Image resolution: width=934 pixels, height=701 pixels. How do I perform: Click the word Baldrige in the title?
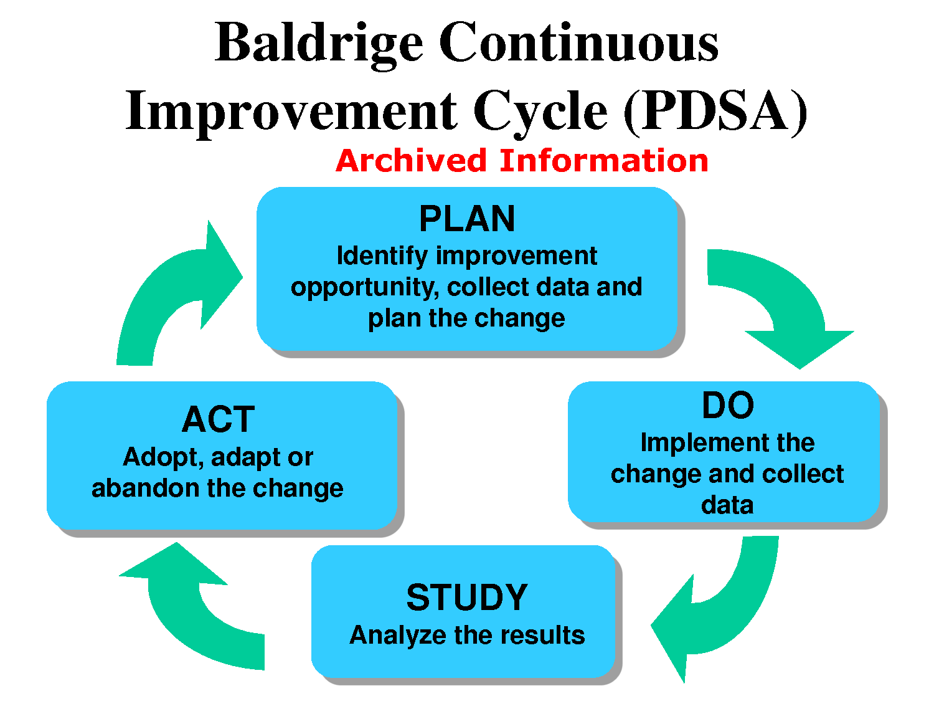[319, 45]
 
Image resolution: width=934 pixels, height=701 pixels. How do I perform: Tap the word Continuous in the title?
[578, 42]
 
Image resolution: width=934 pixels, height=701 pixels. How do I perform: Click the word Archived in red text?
[411, 161]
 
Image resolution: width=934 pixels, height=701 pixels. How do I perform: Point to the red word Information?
[604, 161]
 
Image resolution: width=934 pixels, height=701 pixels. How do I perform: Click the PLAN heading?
[467, 219]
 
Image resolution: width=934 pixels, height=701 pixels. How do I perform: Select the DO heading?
[728, 405]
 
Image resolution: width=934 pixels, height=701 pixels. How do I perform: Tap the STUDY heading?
[467, 597]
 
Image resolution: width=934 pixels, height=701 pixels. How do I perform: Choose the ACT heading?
[219, 419]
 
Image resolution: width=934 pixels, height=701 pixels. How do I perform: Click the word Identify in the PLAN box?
[382, 257]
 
